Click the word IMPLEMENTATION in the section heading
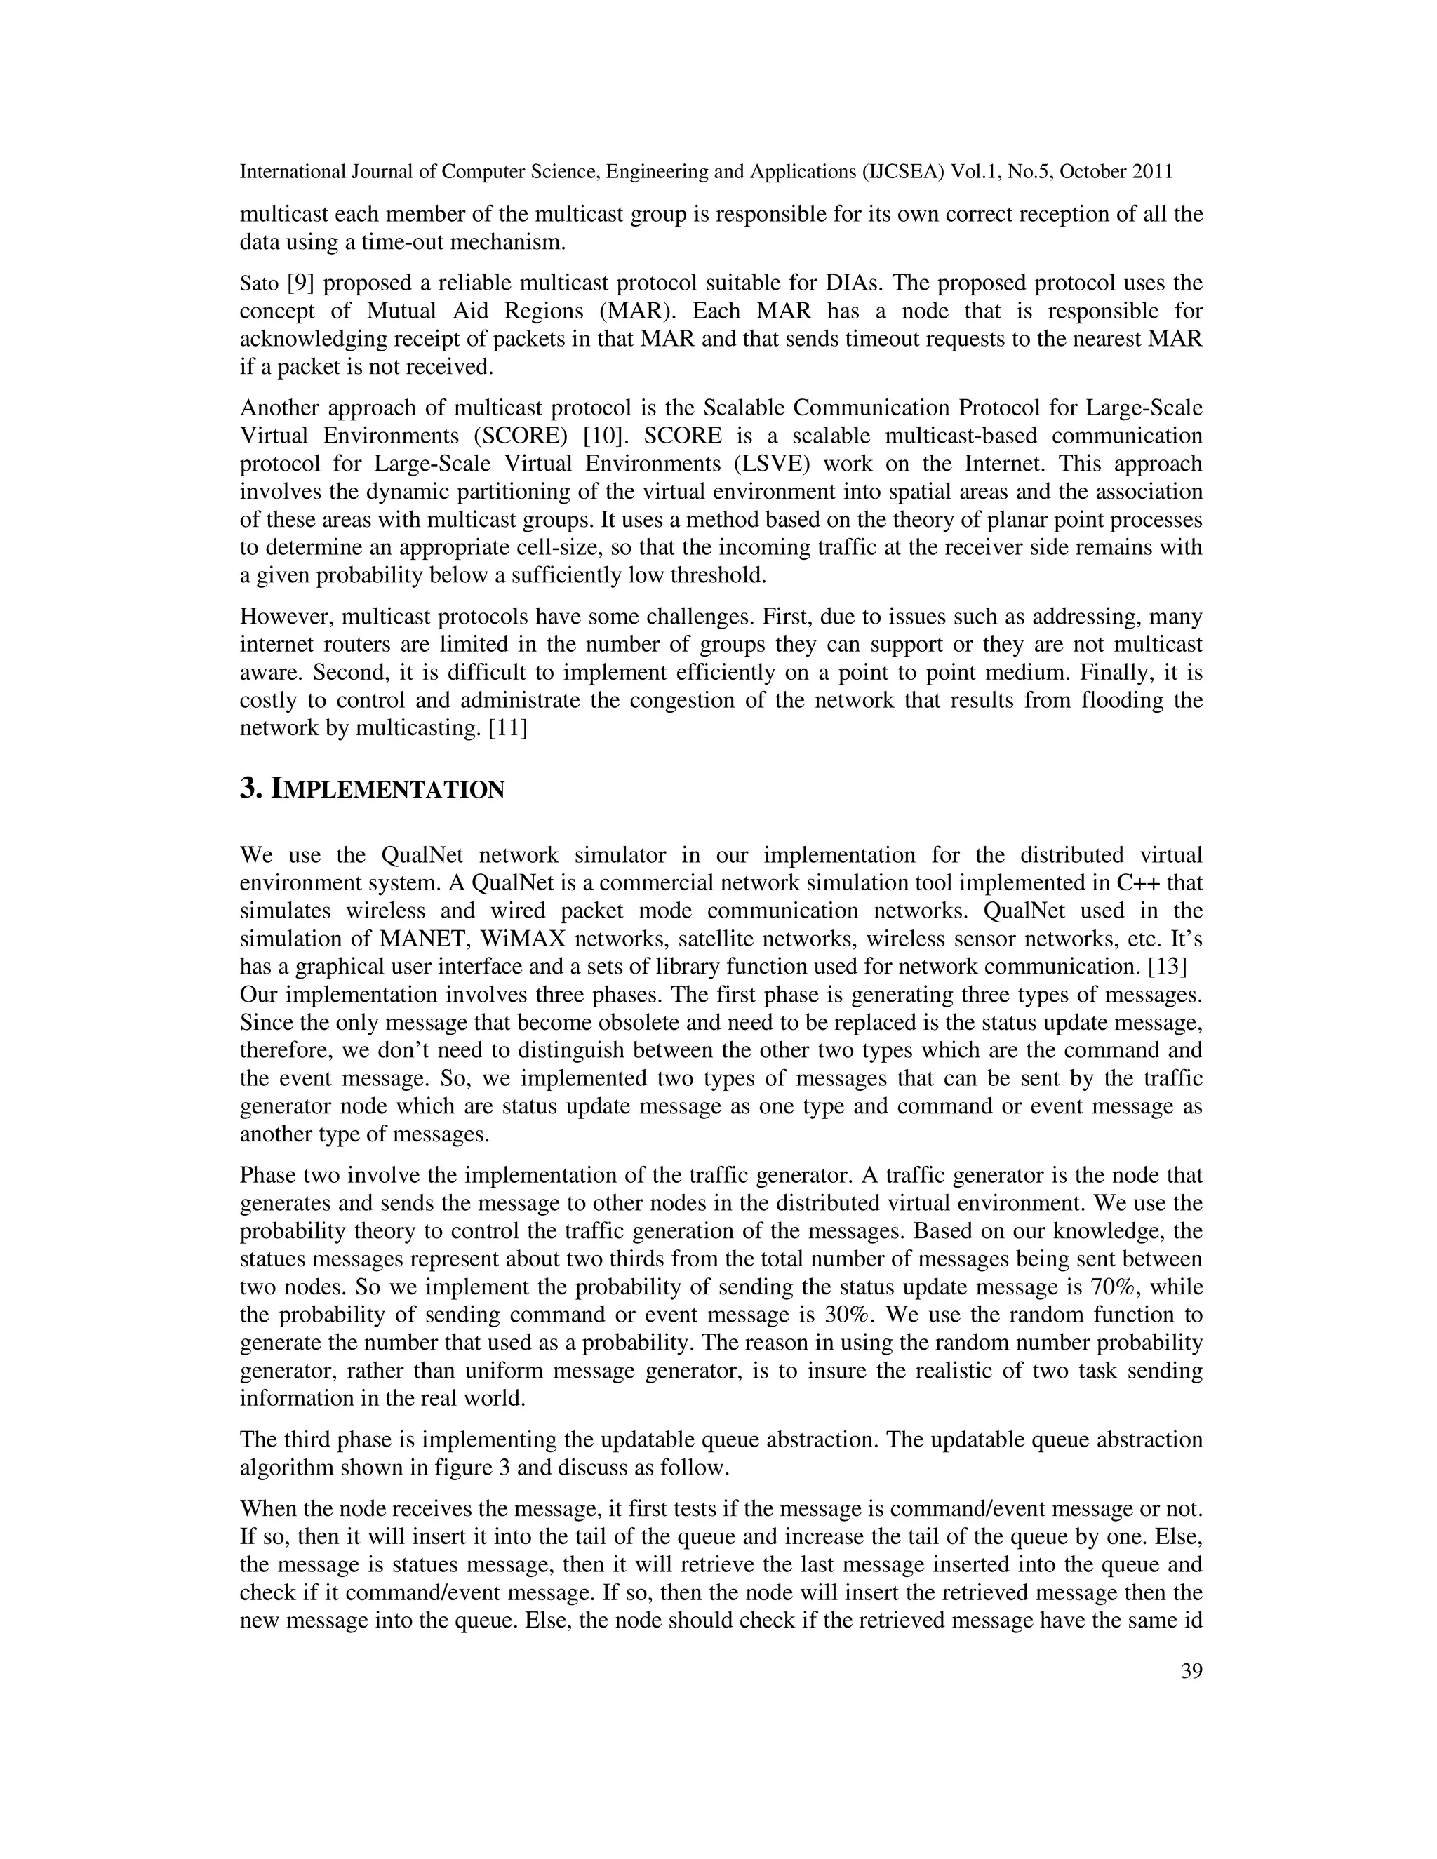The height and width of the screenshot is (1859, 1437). point(387,790)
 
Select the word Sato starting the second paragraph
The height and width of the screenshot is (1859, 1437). point(260,283)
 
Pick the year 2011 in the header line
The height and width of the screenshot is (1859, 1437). point(1153,172)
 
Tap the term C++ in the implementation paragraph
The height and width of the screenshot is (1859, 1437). point(1138,883)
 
